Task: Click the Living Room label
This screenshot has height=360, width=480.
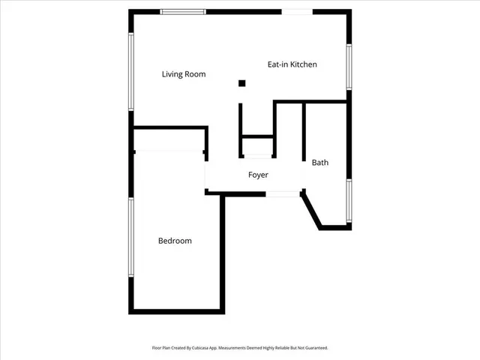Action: click(x=184, y=74)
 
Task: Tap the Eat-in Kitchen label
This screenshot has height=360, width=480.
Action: click(x=292, y=64)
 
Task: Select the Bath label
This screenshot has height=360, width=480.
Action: click(x=320, y=162)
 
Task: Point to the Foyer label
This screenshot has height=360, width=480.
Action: click(x=259, y=175)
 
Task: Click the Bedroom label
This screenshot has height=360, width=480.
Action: click(x=175, y=241)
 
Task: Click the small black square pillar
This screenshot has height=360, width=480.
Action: click(x=241, y=83)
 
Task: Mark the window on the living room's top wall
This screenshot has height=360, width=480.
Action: click(x=184, y=11)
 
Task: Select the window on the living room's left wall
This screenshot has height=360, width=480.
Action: click(x=131, y=70)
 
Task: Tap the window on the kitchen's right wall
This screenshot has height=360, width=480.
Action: click(x=349, y=67)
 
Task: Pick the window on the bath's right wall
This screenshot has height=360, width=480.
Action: click(x=349, y=200)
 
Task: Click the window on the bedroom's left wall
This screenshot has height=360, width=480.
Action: click(x=131, y=237)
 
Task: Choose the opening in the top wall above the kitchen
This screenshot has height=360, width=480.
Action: click(x=297, y=11)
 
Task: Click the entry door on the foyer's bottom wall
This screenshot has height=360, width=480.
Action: click(x=283, y=193)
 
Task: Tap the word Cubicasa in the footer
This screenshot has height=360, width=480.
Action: click(x=201, y=348)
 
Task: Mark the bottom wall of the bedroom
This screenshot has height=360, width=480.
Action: click(x=178, y=310)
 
